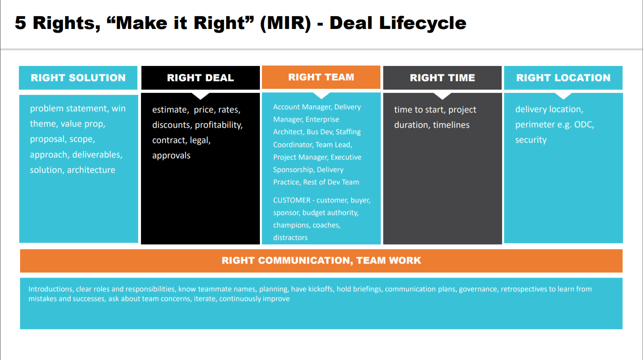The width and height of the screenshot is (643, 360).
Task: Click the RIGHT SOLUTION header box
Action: pos(78,78)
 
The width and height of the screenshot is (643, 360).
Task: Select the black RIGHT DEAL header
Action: pos(200,78)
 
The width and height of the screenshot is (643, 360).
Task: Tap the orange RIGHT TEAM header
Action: pos(321,77)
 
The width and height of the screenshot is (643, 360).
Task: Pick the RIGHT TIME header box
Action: pos(442,78)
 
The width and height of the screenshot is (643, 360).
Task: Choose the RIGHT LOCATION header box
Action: pos(563,78)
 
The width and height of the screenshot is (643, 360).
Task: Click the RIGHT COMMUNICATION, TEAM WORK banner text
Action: pos(321,260)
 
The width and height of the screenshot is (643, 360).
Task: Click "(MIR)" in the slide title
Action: pos(285,23)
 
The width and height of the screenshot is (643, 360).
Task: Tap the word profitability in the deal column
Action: pos(219,125)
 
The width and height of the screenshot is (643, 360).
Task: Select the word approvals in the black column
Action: pos(171,155)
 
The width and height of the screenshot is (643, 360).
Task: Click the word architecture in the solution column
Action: pos(91,170)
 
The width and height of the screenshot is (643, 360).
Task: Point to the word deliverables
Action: pos(97,155)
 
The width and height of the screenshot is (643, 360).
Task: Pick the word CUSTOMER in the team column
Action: pos(292,200)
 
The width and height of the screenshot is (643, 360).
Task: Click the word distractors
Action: pos(290,237)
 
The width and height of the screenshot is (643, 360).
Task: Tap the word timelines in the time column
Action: pos(451,125)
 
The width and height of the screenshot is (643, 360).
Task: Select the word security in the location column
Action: pos(531,140)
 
